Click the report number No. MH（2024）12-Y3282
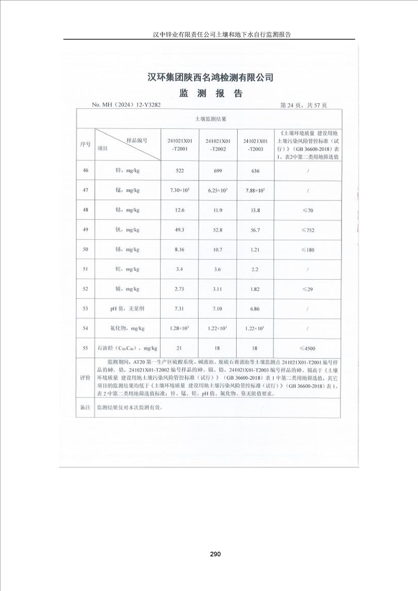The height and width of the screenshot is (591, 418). [126, 105]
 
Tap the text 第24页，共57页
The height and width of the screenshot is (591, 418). [304, 105]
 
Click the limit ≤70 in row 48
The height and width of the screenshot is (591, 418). [307, 211]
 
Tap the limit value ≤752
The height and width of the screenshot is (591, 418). [307, 230]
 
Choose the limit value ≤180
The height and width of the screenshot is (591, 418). [307, 250]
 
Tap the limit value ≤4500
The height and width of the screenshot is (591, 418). [307, 348]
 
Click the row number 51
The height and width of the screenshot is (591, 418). [85, 270]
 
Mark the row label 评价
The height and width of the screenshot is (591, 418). [85, 378]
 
